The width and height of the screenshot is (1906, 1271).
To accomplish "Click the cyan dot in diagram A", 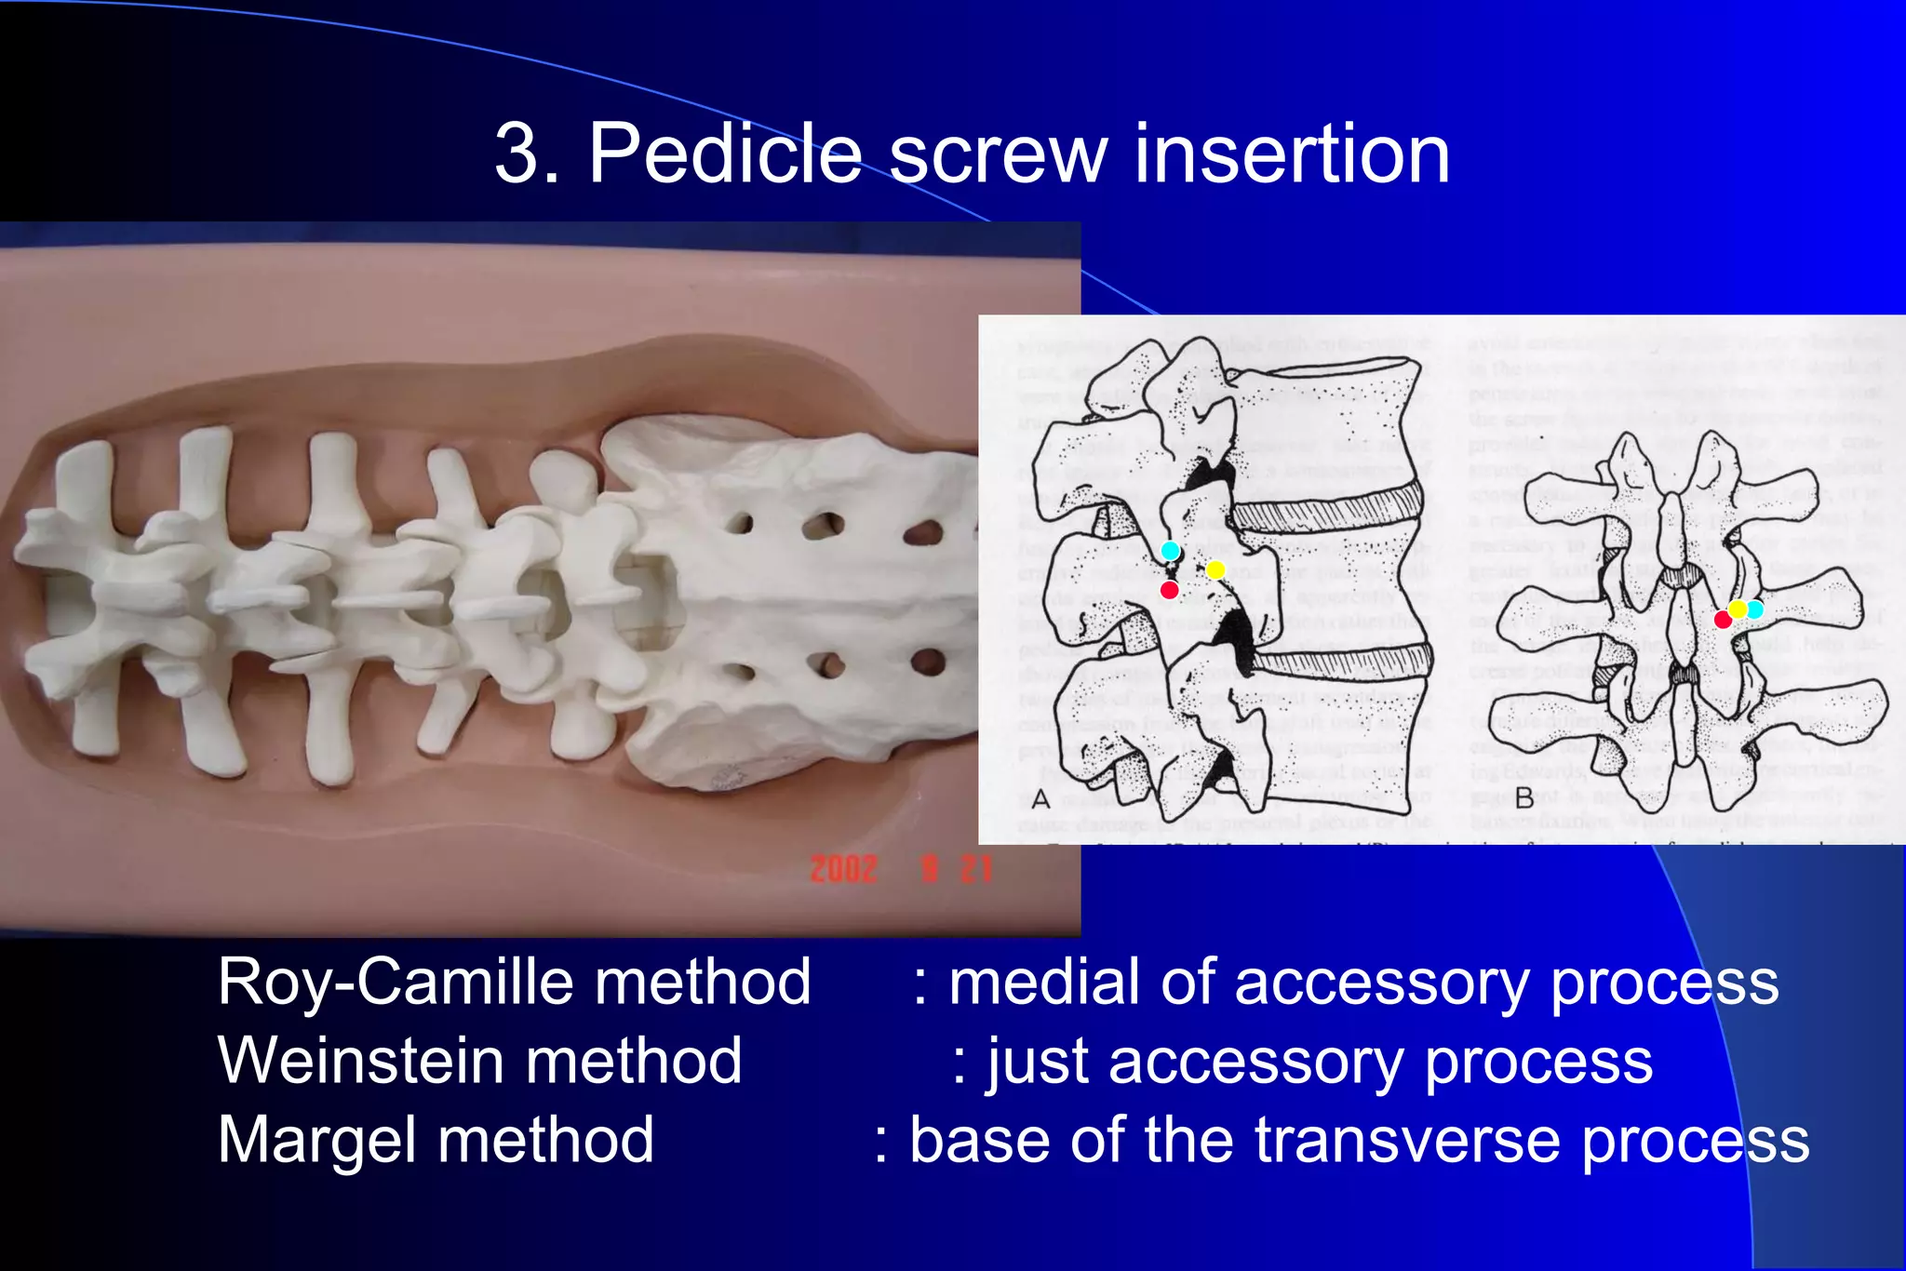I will point(1171,551).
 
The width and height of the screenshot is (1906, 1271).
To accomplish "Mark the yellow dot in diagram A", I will point(1215,569).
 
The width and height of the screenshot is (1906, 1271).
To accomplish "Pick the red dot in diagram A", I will point(1170,590).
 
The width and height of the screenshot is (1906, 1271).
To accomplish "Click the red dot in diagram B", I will point(1723,620).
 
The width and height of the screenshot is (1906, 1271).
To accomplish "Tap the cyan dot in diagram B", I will point(1754,609).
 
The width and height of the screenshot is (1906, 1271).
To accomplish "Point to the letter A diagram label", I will point(1040,798).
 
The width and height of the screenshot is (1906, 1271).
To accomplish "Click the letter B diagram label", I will point(1524,798).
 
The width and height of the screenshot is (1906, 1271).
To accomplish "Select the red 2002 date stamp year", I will point(843,869).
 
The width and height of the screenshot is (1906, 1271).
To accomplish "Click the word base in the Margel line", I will point(978,1141).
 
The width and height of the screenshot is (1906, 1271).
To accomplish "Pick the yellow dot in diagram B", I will point(1738,609).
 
